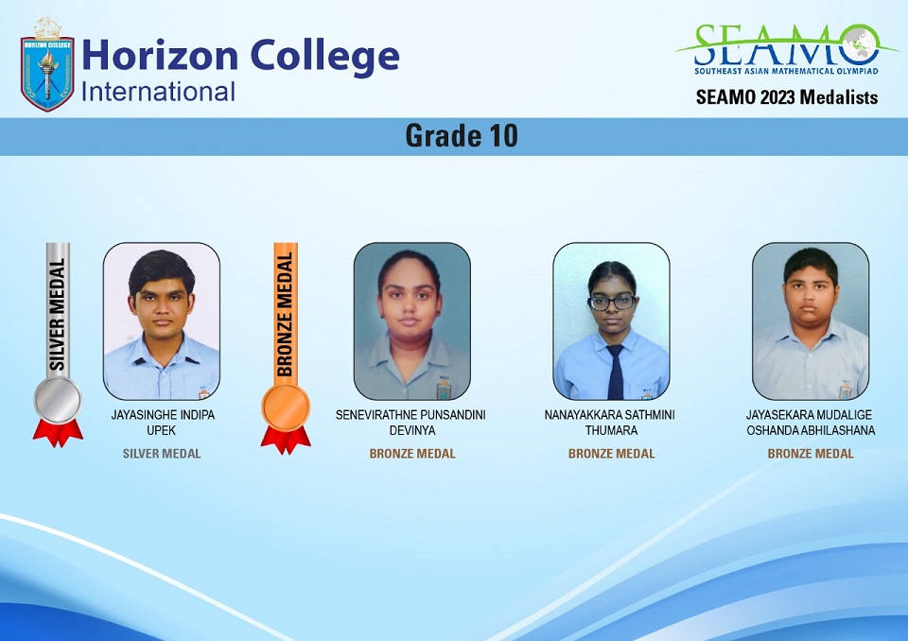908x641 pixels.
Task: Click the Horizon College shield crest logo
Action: [47, 65]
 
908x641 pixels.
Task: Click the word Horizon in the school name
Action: [160, 56]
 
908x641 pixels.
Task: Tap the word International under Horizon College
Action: [158, 92]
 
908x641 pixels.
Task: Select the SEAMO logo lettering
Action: [786, 44]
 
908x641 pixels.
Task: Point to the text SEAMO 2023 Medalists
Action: [787, 96]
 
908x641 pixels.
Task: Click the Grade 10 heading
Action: [461, 136]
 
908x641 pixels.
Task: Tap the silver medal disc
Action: [58, 400]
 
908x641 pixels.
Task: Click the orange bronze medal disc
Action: [286, 407]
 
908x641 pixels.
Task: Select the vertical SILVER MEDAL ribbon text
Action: [57, 315]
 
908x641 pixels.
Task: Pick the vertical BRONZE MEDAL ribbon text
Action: [285, 315]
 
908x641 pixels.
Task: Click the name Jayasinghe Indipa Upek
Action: [162, 422]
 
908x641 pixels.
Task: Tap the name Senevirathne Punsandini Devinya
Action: [411, 422]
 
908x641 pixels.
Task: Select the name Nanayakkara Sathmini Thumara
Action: [610, 422]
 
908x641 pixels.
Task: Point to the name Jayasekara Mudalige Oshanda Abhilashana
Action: [811, 422]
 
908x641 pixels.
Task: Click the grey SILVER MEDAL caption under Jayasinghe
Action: [162, 454]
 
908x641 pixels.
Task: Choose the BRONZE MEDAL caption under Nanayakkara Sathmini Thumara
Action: [612, 454]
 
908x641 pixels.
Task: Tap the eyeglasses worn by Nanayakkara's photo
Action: [612, 302]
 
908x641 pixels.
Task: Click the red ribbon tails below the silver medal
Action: [58, 433]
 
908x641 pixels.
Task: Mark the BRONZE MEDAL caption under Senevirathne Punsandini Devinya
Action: [412, 454]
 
